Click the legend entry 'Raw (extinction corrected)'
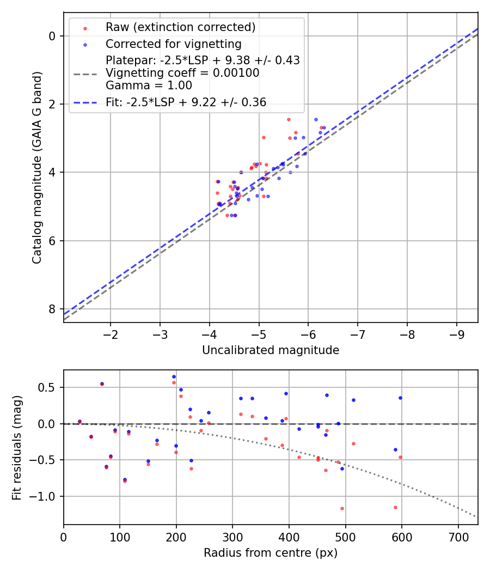[180, 27]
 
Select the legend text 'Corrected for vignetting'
[174, 44]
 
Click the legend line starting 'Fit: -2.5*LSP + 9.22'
[186, 102]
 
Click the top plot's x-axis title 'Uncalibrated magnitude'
[271, 350]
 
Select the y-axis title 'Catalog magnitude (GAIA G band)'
[37, 167]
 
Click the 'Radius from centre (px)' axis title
[271, 553]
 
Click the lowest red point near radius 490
[342, 508]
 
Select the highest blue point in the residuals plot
[174, 376]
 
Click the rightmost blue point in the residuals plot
[400, 398]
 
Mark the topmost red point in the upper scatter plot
[289, 119]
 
